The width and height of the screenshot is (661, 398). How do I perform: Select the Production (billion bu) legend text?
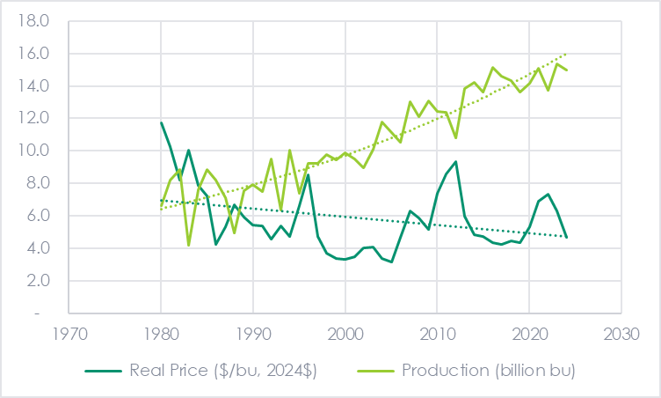pos(488,371)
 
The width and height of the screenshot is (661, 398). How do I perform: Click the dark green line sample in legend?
pos(108,371)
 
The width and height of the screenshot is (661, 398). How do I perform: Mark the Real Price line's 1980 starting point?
pos(161,122)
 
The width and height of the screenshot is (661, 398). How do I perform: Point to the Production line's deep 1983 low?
pos(188,245)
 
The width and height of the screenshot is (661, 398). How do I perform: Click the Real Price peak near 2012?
pos(455,162)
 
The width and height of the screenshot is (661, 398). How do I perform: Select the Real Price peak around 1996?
pos(308,175)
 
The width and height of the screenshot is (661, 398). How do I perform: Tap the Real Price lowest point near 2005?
pos(391,262)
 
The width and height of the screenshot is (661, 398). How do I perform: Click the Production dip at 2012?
pos(455,137)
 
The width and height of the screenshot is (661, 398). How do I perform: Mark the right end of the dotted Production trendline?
pos(566,54)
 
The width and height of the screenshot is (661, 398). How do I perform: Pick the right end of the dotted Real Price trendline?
pos(566,236)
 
